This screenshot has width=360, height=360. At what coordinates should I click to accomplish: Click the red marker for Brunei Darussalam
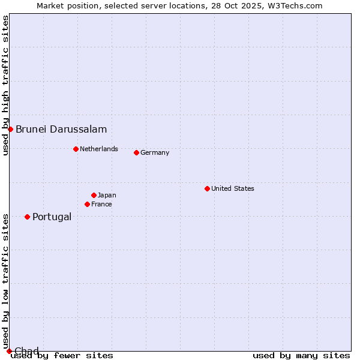coord(10,129)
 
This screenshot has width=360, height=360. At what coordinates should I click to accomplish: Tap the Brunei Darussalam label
coord(61,129)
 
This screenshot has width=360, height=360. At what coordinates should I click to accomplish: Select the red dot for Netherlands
coord(76,149)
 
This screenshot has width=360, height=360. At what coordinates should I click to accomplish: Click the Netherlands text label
coord(99,149)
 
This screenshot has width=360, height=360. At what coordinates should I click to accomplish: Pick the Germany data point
coord(136,152)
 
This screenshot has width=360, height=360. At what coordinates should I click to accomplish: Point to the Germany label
coord(155,152)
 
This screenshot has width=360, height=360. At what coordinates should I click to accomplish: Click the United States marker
coord(207,188)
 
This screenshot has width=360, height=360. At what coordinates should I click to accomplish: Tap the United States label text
coord(233,188)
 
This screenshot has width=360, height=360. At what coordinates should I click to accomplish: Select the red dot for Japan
coord(94,195)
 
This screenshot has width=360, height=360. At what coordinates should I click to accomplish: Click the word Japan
coord(107,195)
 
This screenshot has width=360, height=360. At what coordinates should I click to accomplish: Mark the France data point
coord(87,204)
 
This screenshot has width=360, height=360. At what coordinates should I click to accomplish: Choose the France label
coord(101,204)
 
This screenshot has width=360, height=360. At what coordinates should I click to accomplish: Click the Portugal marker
coord(27,217)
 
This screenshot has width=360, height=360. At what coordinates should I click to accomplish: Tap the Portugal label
coord(52,217)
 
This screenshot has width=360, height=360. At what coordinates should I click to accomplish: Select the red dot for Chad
coord(9,351)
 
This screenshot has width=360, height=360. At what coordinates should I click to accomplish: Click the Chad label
coord(26,351)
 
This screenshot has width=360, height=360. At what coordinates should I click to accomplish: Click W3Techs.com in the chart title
coord(295,5)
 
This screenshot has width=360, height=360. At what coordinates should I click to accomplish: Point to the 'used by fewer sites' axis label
coord(62,356)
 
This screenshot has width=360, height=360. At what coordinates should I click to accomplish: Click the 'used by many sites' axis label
coord(301,356)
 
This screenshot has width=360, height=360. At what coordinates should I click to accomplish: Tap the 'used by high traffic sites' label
coord(5,85)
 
